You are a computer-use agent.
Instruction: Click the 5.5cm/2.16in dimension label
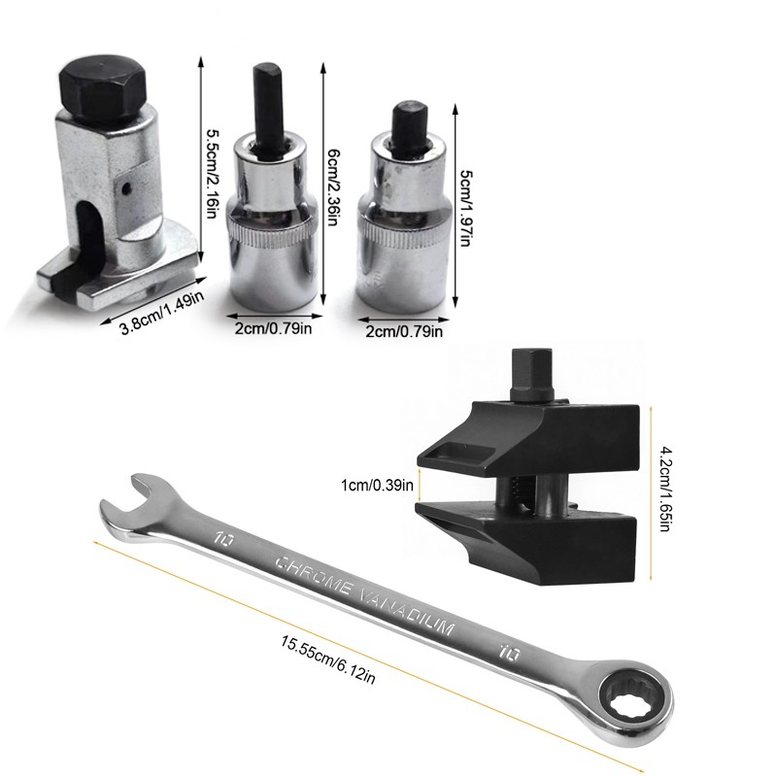211,175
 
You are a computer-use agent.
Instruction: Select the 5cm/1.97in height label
466,209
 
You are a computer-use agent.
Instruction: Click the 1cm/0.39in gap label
377,485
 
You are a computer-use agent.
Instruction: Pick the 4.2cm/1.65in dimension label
665,490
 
